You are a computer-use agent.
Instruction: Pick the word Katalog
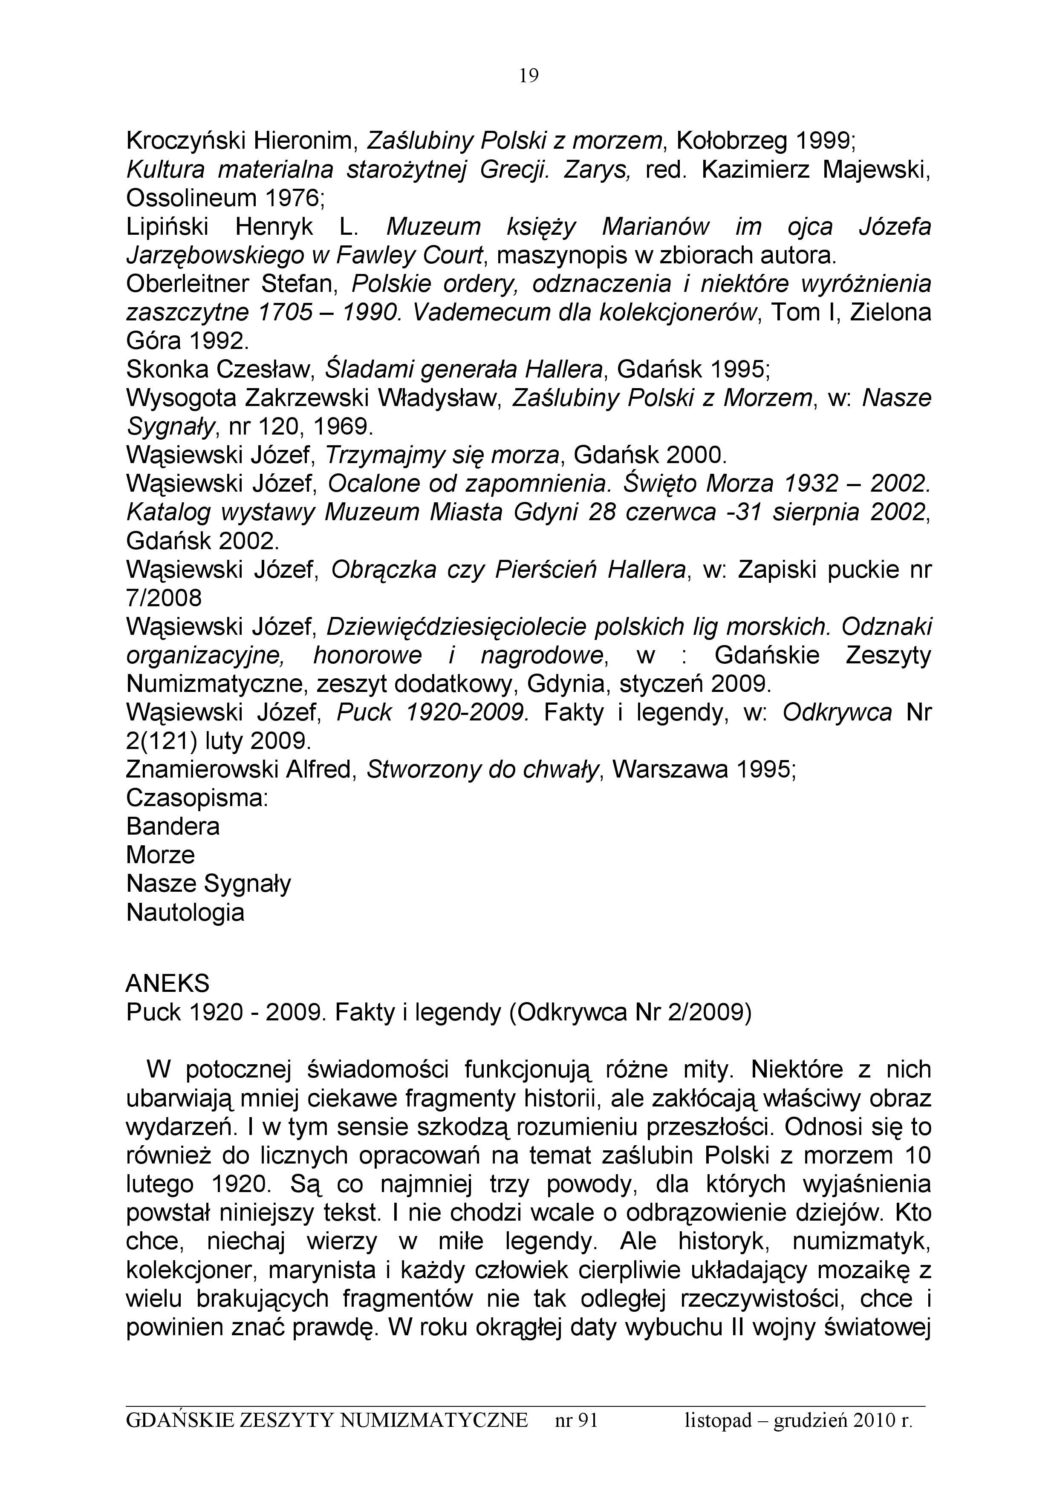pyautogui.click(x=168, y=513)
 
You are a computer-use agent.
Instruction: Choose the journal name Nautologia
pyautogui.click(x=185, y=912)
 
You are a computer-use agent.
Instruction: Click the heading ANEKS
pyautogui.click(x=168, y=982)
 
